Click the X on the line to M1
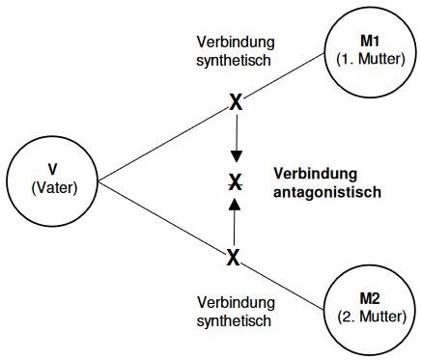234,101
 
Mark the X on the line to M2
233,258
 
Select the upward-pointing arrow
233,218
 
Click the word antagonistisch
328,191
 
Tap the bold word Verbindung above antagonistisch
315,174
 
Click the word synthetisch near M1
232,60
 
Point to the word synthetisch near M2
232,318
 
